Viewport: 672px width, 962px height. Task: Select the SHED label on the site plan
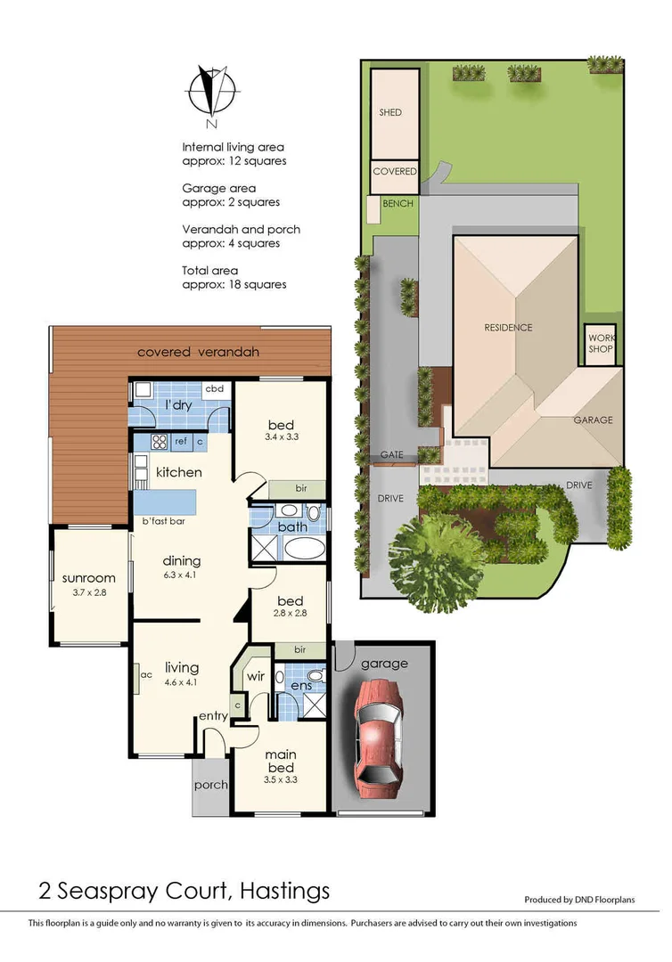coord(390,113)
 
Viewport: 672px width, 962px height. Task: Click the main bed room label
coord(280,762)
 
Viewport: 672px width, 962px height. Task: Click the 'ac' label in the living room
coord(146,674)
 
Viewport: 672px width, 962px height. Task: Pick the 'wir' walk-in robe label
coord(255,676)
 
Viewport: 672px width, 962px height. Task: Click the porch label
coord(210,785)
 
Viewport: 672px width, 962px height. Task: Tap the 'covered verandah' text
coord(198,352)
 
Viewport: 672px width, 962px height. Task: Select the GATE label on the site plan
coord(392,454)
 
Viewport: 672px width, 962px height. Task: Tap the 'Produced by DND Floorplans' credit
coord(578,901)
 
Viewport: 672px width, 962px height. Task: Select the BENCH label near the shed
coord(397,204)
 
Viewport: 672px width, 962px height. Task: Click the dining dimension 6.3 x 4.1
coord(181,575)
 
